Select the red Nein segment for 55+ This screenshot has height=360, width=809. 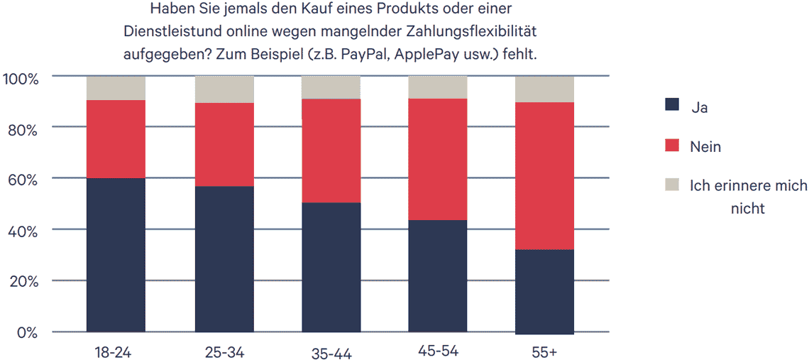coord(544,175)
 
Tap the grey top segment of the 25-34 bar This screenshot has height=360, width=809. coord(224,89)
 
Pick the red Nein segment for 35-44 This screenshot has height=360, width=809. coord(331,151)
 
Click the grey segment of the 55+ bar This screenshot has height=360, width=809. coord(544,89)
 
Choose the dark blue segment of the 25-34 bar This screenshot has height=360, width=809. coord(224,258)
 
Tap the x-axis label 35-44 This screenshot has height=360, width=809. coord(331,353)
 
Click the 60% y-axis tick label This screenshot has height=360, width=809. coord(23,179)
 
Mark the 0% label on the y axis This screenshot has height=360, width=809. coord(27,332)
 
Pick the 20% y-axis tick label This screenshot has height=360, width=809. coord(23,281)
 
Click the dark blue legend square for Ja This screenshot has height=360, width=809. coord(672,105)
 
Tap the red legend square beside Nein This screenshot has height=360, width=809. coord(672,146)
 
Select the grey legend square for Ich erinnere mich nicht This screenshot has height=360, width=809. coord(672,185)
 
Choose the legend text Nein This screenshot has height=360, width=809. coord(705,146)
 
